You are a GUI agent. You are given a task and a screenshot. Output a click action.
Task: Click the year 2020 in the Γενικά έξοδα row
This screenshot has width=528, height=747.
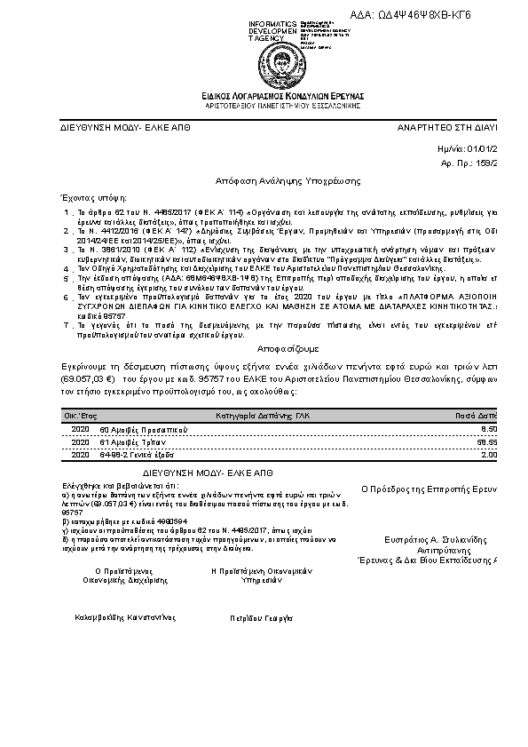tap(80, 455)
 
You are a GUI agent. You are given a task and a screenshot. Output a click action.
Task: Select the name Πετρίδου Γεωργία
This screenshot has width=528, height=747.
tap(261, 616)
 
